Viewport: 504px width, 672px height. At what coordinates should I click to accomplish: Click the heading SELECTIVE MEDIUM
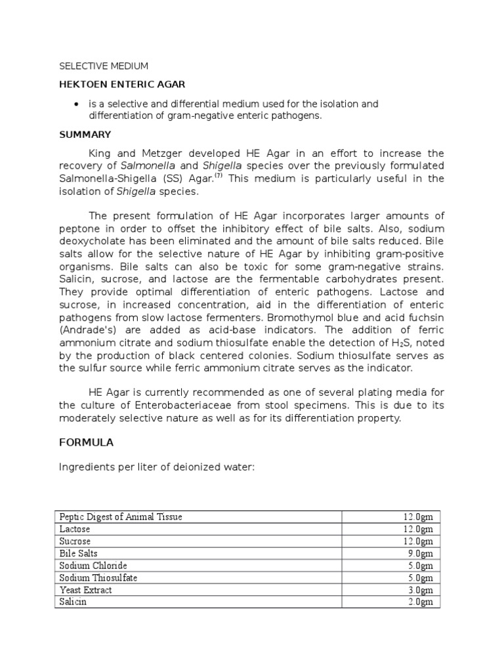(104, 66)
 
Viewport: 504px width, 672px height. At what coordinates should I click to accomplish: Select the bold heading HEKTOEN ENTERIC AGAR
(122, 85)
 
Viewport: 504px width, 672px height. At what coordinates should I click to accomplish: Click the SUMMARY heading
(85, 135)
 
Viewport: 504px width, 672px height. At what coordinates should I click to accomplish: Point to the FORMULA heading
(86, 442)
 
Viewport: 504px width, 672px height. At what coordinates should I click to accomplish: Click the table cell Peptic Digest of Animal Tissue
(121, 516)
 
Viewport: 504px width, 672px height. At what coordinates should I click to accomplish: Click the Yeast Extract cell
(85, 590)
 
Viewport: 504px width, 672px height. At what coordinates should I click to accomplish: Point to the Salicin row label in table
(73, 602)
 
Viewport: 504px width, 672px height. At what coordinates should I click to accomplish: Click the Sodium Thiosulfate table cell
(98, 577)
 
